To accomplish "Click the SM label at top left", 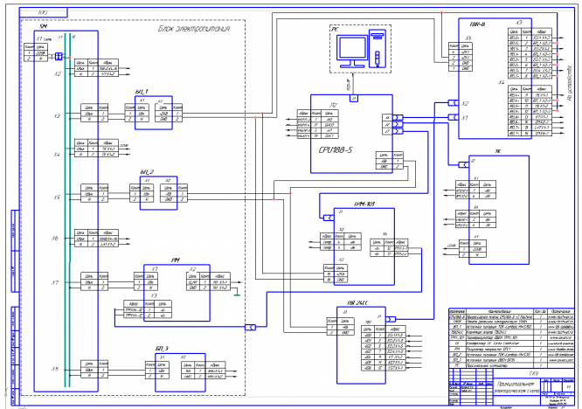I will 43,28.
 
